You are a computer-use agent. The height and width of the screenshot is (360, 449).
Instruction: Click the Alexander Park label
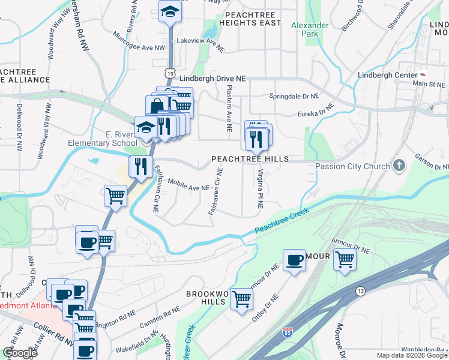click(310, 30)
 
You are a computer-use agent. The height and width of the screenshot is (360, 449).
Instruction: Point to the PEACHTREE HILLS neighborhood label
click(250, 159)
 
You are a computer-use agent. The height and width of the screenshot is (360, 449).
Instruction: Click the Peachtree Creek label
click(282, 221)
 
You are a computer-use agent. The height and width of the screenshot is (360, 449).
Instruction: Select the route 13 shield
click(360, 291)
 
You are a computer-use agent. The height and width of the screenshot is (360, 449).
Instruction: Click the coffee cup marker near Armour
click(294, 260)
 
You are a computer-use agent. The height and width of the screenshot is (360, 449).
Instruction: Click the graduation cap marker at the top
click(170, 11)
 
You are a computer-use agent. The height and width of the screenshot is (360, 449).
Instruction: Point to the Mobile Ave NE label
click(188, 184)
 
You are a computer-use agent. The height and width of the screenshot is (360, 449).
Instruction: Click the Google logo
click(20, 353)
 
